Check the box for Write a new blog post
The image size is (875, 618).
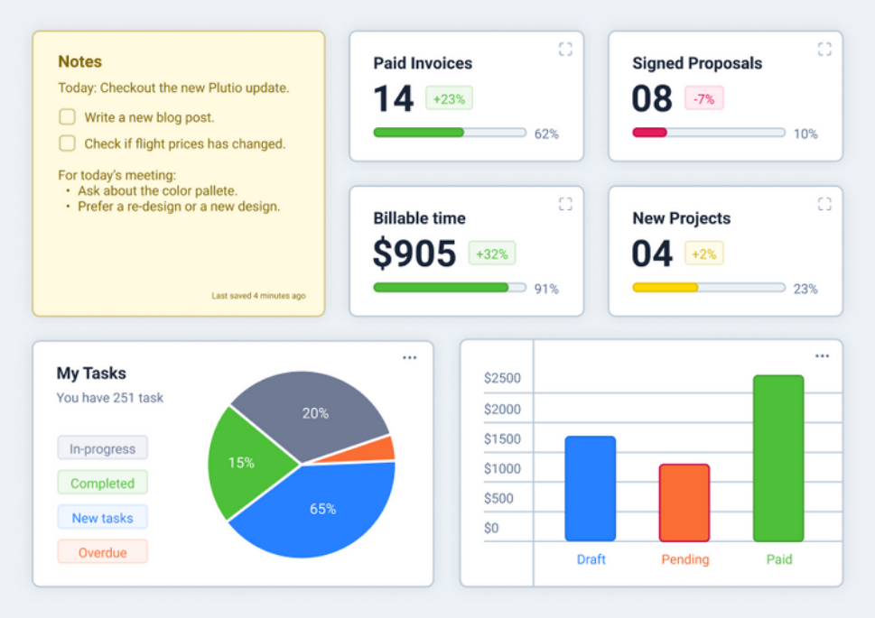pos(67,117)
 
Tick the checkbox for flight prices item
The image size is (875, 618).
pos(67,143)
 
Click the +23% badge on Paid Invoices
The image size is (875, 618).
pos(449,98)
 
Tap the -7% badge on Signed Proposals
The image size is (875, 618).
pos(703,98)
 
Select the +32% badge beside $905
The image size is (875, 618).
pos(491,254)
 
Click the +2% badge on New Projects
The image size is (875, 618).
pos(703,254)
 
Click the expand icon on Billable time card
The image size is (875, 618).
pos(565,204)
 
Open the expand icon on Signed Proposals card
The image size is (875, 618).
pos(824,49)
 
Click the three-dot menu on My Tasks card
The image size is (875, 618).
pos(409,358)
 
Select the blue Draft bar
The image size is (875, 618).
pos(591,489)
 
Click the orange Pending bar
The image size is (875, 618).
pos(684,503)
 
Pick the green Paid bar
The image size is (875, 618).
pos(778,458)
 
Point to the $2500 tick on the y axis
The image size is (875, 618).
pos(502,378)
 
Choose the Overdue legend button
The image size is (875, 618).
pos(102,552)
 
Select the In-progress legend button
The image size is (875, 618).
pos(102,448)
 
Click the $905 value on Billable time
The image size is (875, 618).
pos(414,254)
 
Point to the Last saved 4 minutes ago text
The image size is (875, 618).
pos(258,296)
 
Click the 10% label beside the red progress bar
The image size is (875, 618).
pos(805,134)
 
